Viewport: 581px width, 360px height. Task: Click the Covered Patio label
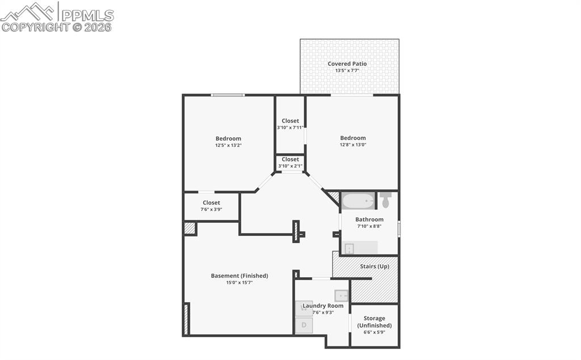tap(347, 63)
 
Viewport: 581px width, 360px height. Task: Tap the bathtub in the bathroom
tap(358, 201)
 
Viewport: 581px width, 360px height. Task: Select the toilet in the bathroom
tap(386, 199)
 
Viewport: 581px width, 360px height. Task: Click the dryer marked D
tap(304, 325)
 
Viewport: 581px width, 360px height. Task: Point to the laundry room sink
tap(342, 295)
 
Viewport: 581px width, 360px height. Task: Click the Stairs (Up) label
tap(374, 266)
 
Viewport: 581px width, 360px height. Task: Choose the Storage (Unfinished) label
tap(374, 322)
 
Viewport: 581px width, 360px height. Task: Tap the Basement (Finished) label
tap(239, 276)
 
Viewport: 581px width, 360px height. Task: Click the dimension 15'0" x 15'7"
tap(239, 282)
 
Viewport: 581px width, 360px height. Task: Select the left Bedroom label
tap(228, 138)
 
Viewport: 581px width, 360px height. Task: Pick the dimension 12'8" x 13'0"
tap(353, 145)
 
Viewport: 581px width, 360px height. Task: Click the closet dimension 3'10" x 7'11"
tap(290, 128)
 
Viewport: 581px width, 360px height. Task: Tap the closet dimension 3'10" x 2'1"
tap(290, 166)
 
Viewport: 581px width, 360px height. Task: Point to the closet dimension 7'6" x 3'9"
tap(211, 209)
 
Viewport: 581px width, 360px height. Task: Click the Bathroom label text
tap(369, 219)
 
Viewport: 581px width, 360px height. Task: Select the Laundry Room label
tap(323, 306)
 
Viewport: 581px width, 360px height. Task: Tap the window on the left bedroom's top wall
tap(228, 95)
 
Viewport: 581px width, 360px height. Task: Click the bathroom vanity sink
tap(350, 248)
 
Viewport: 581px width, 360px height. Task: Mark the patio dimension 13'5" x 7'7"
tap(347, 70)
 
